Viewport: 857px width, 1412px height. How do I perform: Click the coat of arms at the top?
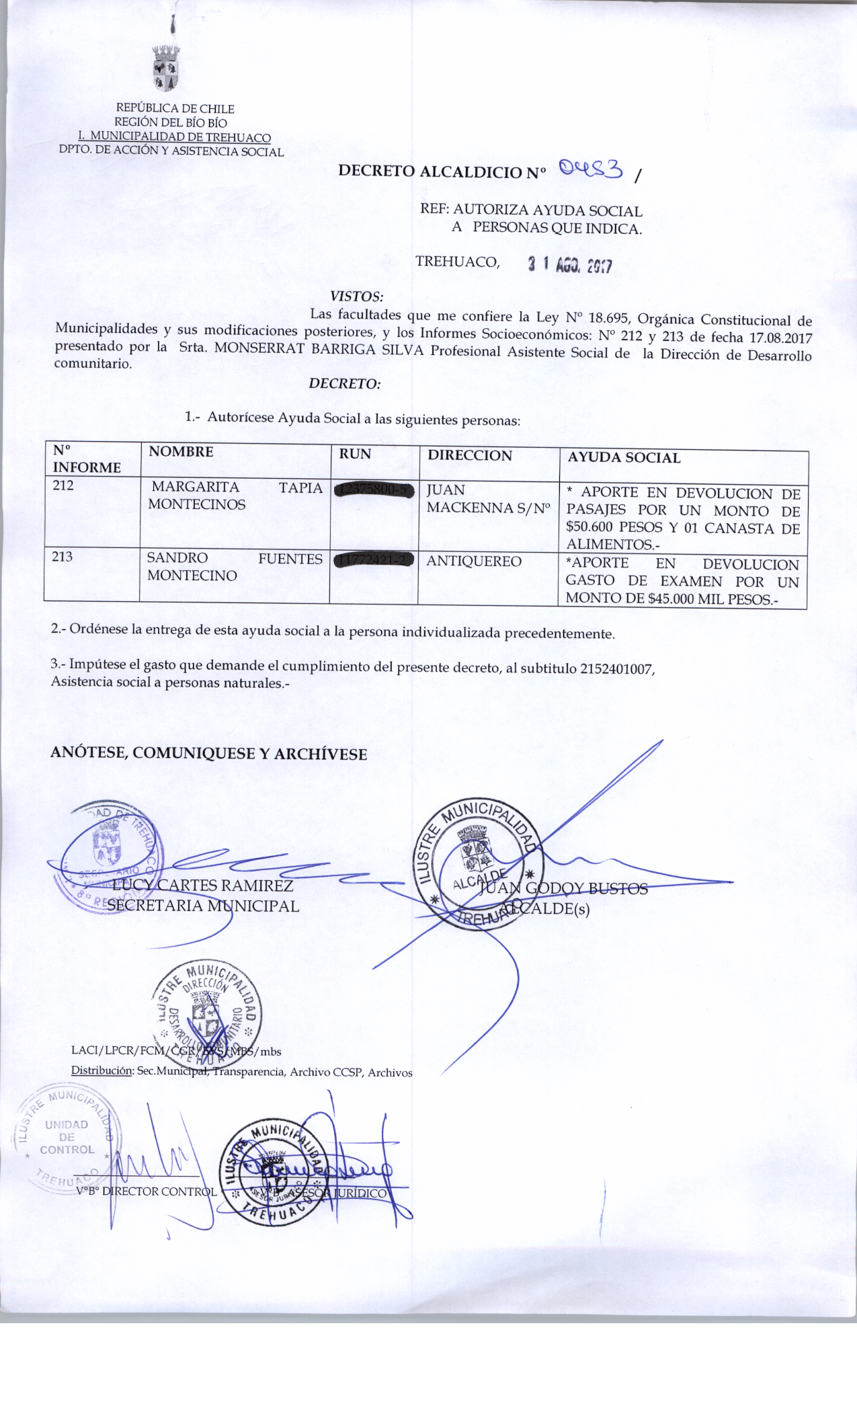pyautogui.click(x=165, y=69)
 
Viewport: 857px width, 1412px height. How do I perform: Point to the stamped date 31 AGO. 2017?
pyautogui.click(x=569, y=265)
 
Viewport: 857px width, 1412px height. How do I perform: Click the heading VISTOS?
pyautogui.click(x=356, y=297)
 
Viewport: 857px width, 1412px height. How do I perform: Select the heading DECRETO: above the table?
pyautogui.click(x=344, y=384)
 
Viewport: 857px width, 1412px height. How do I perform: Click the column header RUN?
pyautogui.click(x=355, y=455)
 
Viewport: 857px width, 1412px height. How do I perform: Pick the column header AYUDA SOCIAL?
pyautogui.click(x=624, y=458)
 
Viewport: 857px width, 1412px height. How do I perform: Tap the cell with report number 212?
pyautogui.click(x=63, y=485)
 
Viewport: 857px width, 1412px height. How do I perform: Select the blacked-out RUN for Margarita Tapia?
pyautogui.click(x=374, y=489)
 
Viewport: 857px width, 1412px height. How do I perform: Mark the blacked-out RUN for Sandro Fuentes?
pyautogui.click(x=373, y=559)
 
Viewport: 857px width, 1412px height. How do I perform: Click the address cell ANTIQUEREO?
pyautogui.click(x=474, y=561)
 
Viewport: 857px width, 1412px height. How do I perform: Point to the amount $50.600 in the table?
pyautogui.click(x=589, y=528)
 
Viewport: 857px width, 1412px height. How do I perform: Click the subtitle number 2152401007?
pyautogui.click(x=616, y=669)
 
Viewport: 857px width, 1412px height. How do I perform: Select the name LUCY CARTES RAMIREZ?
pyautogui.click(x=202, y=886)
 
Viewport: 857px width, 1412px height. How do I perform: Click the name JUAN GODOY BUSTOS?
pyautogui.click(x=563, y=889)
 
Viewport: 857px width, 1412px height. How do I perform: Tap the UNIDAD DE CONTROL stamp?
pyautogui.click(x=67, y=1137)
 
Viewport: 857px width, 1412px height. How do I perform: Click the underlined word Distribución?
pyautogui.click(x=102, y=1072)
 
